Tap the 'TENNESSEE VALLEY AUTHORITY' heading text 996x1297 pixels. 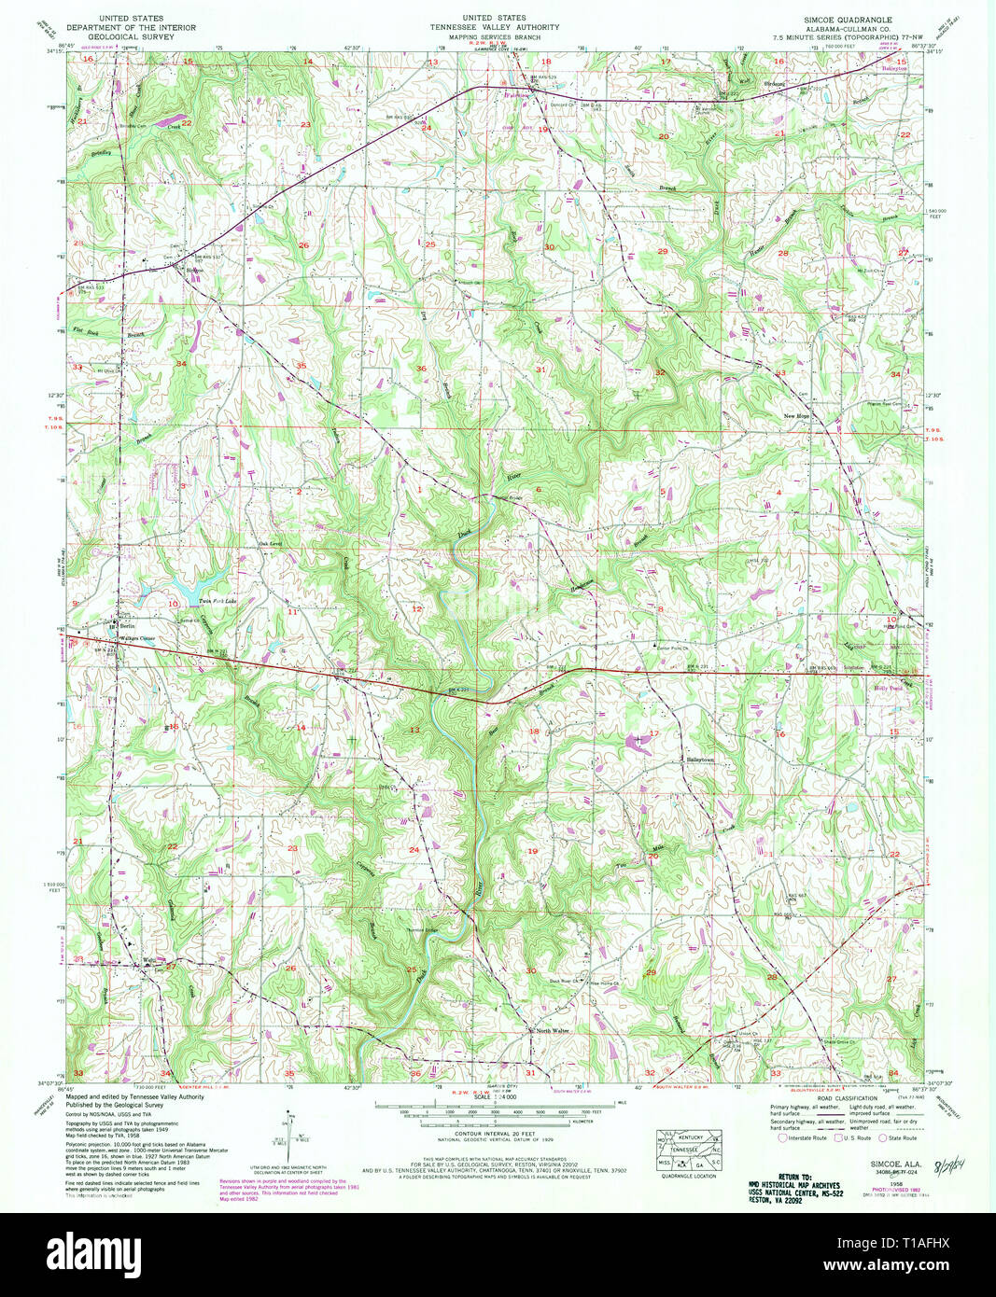click(495, 27)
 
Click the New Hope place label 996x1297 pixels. click(795, 416)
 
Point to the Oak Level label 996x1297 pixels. click(269, 544)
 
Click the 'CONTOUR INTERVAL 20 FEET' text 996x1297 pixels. click(496, 1135)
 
